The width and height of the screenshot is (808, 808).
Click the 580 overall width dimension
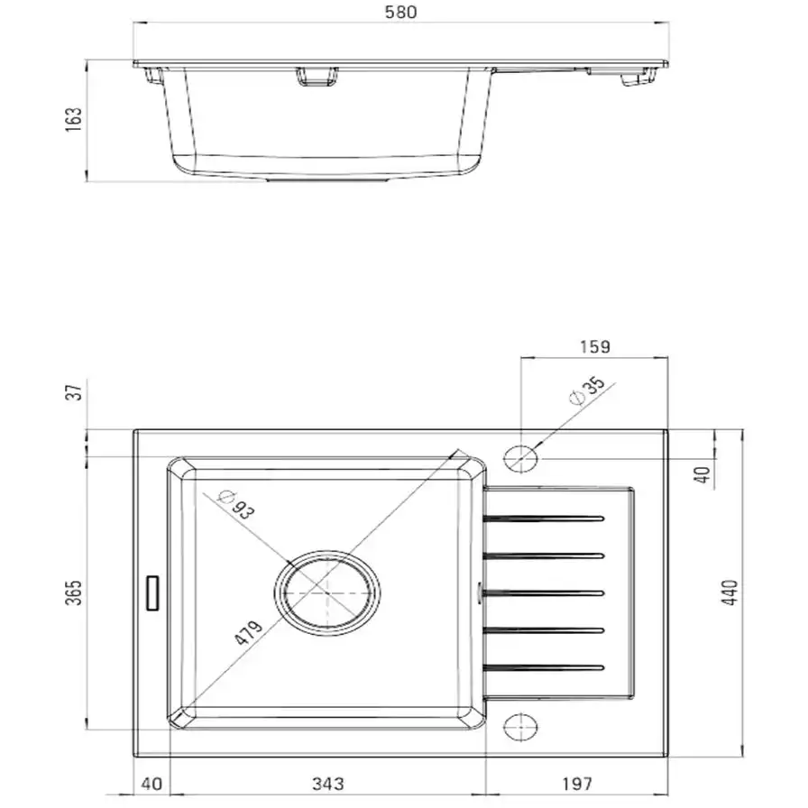(401, 12)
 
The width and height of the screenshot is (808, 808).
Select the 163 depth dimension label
(74, 120)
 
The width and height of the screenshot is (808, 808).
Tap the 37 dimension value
(75, 392)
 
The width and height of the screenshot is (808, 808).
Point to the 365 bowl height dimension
(74, 592)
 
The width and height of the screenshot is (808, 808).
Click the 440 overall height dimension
(730, 592)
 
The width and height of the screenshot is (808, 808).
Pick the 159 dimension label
(594, 347)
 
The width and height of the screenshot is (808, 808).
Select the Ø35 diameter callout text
(587, 391)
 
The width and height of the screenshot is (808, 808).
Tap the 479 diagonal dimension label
(248, 632)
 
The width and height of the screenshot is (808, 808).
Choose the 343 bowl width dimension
(327, 784)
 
